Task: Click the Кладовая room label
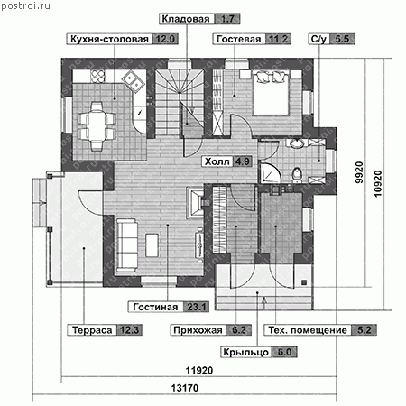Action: pyautogui.click(x=186, y=19)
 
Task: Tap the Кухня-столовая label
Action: pyautogui.click(x=109, y=39)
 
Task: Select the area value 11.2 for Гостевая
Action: pyautogui.click(x=278, y=39)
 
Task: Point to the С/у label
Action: pyautogui.click(x=318, y=39)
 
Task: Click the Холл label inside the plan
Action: pyautogui.click(x=217, y=161)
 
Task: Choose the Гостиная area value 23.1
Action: pyautogui.click(x=197, y=307)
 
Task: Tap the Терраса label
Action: pyautogui.click(x=92, y=330)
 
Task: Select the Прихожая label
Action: pyautogui.click(x=198, y=330)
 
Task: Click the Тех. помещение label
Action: pyautogui.click(x=308, y=330)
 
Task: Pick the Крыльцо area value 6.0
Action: pyautogui.click(x=284, y=352)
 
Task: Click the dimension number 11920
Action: pyautogui.click(x=199, y=370)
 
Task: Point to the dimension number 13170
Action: pyautogui.click(x=185, y=388)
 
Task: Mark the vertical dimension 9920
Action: pyautogui.click(x=359, y=172)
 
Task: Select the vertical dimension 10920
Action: pyautogui.click(x=378, y=184)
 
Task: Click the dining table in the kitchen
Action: pyautogui.click(x=97, y=125)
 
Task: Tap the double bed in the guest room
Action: pyautogui.click(x=272, y=93)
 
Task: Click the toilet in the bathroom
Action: pyautogui.click(x=297, y=174)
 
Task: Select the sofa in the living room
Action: pyautogui.click(x=126, y=245)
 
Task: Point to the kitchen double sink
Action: pyautogui.click(x=134, y=80)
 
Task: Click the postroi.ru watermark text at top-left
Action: pyautogui.click(x=26, y=5)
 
